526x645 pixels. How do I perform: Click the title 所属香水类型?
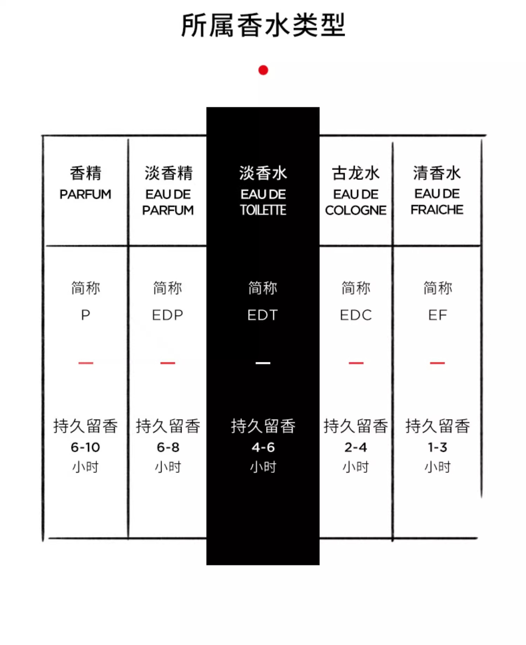coord(263,25)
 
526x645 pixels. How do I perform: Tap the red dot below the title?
coord(263,70)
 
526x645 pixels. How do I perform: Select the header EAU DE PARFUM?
coord(168,191)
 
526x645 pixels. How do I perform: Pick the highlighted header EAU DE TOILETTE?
coord(263,191)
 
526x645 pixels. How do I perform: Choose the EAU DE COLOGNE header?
coord(356,191)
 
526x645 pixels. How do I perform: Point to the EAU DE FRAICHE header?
coord(437,191)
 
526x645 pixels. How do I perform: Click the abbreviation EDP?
coord(168,315)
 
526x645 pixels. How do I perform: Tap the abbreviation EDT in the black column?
coord(263,315)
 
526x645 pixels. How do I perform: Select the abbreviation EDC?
coord(356,315)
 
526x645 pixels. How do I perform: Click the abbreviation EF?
coord(438,315)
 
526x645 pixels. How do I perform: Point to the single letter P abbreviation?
coord(86,315)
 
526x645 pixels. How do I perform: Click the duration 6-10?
coord(85,447)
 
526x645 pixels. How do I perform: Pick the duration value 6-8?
coord(168,447)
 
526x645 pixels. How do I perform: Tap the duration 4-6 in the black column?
coord(263,447)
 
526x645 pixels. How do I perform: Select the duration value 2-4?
coord(356,447)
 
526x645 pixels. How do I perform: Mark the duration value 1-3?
coord(437,447)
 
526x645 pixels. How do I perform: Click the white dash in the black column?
coord(263,363)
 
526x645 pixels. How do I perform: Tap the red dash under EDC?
coord(356,363)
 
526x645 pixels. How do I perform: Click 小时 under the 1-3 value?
coord(437,467)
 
